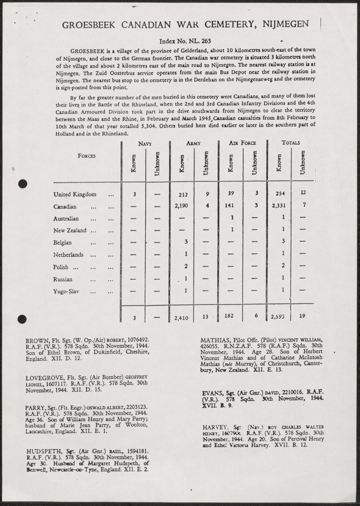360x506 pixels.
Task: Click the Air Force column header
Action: point(243,143)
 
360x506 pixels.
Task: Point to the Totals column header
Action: point(291,143)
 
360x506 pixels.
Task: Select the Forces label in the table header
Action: point(87,156)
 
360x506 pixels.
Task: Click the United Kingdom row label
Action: point(74,194)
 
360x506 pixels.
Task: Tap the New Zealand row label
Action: point(71,231)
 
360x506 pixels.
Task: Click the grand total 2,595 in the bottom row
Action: point(278,318)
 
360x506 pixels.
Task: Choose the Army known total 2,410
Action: point(181,318)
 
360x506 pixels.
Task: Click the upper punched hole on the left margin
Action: point(22,184)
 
